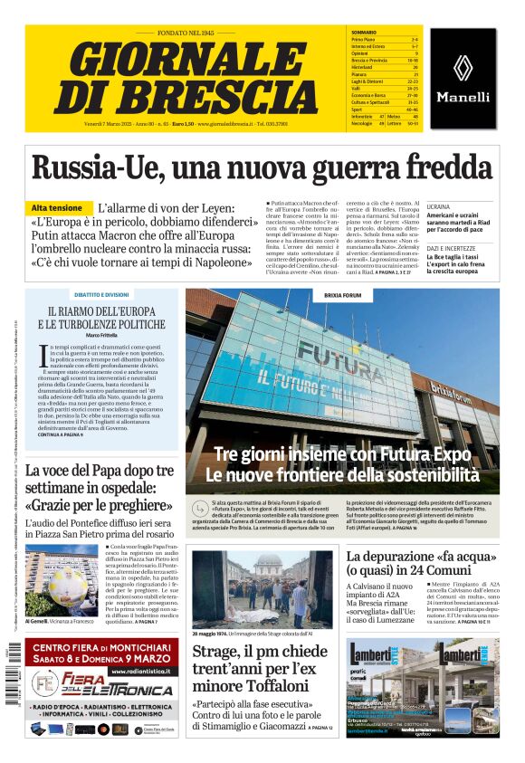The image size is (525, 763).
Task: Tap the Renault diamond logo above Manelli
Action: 463,68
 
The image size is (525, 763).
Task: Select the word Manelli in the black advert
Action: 463,97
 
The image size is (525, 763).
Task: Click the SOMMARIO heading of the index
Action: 363,32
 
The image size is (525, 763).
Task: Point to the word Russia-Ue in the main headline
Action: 88,167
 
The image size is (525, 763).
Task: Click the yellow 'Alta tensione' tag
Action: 62,208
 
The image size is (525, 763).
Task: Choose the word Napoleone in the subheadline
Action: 216,262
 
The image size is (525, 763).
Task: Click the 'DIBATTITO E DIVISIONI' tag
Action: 101,294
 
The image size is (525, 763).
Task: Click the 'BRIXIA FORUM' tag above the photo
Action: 342,295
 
